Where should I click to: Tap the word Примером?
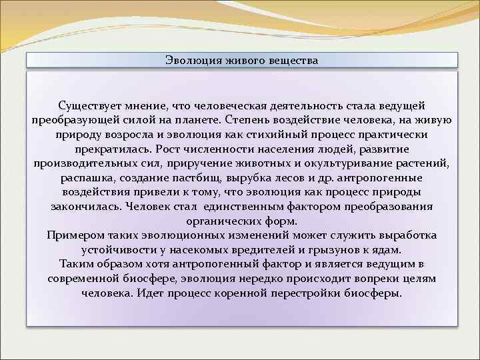point(74,235)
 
